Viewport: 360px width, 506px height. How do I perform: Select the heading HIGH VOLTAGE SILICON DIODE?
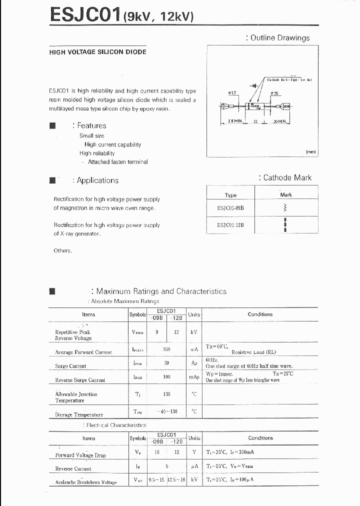(x=97, y=52)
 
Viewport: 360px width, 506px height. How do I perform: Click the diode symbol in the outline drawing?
(x=254, y=85)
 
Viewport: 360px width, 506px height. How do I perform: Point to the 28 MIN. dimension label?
(x=235, y=121)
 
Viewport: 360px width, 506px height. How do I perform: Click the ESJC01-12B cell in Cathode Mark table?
(x=230, y=225)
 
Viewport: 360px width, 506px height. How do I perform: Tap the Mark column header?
(x=285, y=194)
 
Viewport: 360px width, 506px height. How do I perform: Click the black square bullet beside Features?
(x=52, y=125)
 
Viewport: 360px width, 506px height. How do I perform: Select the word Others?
(x=62, y=250)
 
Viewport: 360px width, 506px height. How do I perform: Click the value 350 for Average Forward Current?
(x=166, y=349)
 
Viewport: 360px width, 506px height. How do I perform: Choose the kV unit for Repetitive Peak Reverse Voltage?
(x=194, y=332)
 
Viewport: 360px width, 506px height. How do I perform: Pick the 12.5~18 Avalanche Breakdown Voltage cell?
(x=176, y=480)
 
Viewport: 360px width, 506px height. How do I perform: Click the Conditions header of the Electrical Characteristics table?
(x=260, y=438)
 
